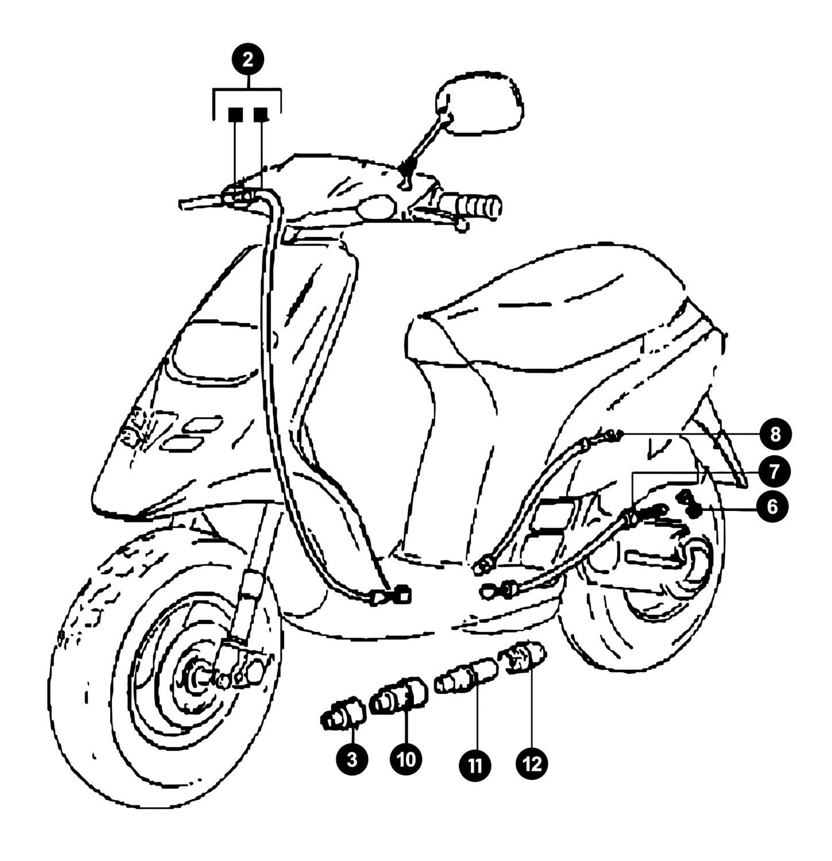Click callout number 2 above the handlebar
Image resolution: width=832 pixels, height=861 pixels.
click(x=247, y=60)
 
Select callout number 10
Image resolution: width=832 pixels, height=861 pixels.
click(x=405, y=759)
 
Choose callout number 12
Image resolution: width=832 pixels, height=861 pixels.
click(x=532, y=764)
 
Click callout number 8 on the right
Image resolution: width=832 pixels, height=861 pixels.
click(x=775, y=435)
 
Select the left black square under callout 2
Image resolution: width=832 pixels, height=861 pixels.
click(x=235, y=115)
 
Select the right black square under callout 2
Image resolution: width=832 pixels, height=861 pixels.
click(x=261, y=115)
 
